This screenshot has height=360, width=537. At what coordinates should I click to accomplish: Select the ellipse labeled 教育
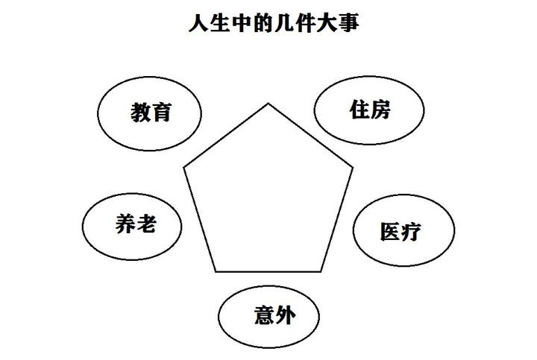click(x=151, y=113)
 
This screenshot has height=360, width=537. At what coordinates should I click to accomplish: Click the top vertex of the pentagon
click(x=268, y=104)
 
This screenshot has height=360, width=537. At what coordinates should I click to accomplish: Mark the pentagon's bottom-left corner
click(x=216, y=271)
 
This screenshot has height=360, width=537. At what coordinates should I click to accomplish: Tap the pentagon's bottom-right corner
click(x=323, y=271)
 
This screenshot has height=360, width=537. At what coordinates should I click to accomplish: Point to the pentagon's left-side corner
click(x=183, y=168)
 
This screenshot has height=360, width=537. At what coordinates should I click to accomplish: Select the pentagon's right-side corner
click(x=354, y=168)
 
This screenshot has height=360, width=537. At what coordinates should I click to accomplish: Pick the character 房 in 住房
click(x=381, y=110)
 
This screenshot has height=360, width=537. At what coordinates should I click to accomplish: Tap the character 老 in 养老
click(x=146, y=224)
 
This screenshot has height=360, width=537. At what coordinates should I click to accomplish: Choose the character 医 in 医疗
click(x=391, y=231)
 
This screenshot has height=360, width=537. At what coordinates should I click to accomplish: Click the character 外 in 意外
click(x=283, y=315)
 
